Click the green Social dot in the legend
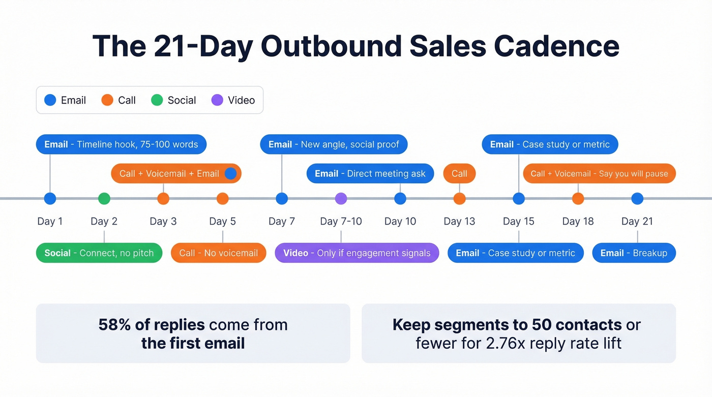pos(157,100)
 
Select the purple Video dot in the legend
pos(217,100)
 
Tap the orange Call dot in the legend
pos(107,100)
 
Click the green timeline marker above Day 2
pos(104,199)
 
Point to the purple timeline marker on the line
pos(341,199)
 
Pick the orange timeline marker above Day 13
pos(459,199)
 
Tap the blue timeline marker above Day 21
pos(637,199)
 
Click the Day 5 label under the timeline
pos(222,221)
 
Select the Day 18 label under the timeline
pos(578,221)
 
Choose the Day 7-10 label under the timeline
pos(341,221)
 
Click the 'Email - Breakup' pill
pos(634,253)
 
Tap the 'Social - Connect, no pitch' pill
pos(99,253)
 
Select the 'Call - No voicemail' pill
pos(218,253)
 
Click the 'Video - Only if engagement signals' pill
pos(357,253)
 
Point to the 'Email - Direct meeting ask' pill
pos(370,174)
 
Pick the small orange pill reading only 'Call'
pos(459,174)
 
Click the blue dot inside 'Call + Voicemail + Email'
pos(230,174)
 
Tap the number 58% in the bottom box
pos(115,325)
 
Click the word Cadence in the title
pos(556,46)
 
